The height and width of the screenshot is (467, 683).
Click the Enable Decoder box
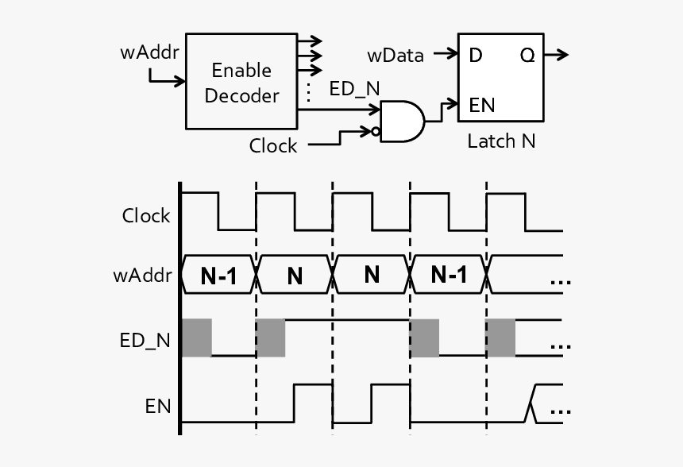[x=241, y=82]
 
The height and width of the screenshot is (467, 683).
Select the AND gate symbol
[x=402, y=122]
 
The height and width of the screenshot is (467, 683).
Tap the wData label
[x=395, y=56]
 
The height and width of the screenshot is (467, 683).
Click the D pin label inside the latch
[x=476, y=56]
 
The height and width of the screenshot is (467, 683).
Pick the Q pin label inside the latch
[x=527, y=56]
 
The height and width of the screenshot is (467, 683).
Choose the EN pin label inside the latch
[x=483, y=105]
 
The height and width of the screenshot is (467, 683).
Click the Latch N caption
[x=501, y=142]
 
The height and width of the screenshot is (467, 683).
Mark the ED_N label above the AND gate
[x=355, y=90]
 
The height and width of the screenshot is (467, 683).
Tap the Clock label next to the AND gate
[x=273, y=146]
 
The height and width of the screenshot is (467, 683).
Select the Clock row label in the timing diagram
[x=146, y=215]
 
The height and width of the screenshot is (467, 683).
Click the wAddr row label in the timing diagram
[x=144, y=276]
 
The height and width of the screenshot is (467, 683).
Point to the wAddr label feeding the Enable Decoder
[x=149, y=53]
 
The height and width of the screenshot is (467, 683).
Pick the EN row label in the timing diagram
[x=157, y=407]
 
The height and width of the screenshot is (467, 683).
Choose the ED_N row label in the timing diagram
[x=145, y=341]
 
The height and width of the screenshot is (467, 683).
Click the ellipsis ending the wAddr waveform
[x=561, y=282]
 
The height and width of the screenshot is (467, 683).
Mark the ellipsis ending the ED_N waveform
[x=561, y=346]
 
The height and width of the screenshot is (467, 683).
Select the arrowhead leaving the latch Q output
[x=563, y=55]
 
